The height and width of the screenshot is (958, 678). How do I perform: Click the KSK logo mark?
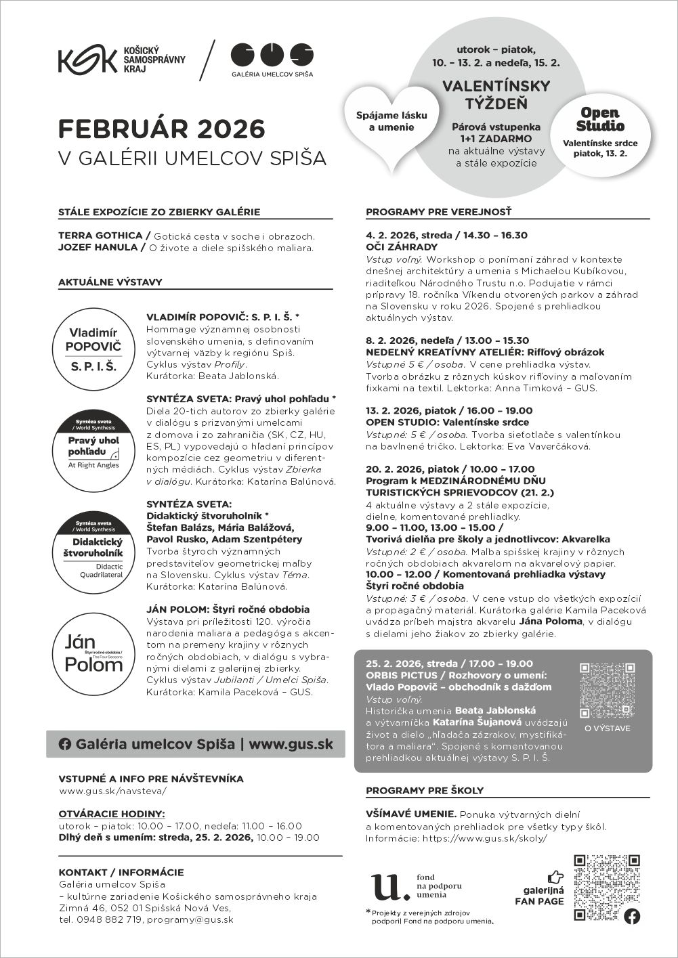(87, 61)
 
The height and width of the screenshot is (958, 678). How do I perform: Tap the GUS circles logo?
(272, 54)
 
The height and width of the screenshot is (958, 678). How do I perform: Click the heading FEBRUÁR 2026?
(161, 129)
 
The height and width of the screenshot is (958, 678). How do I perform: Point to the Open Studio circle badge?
(600, 134)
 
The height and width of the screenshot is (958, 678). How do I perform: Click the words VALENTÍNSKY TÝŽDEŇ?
(496, 95)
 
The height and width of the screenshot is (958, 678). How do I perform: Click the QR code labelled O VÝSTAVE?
(608, 690)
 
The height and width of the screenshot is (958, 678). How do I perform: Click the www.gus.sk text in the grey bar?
(291, 743)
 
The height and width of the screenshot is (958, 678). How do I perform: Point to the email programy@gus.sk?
(190, 919)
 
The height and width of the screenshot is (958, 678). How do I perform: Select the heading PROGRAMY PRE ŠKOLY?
(425, 790)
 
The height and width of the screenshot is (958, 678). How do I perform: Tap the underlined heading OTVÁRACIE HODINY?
(112, 814)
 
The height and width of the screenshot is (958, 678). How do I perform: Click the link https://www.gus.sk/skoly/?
(484, 837)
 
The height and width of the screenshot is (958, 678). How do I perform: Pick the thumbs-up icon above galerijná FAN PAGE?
(555, 877)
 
